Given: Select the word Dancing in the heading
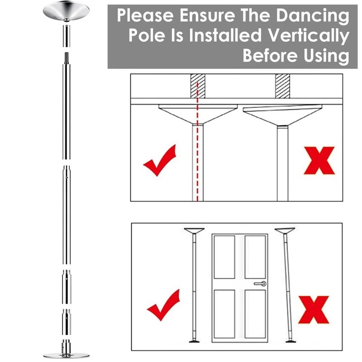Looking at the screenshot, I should [x=315, y=16].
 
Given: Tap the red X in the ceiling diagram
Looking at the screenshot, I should [x=319, y=160].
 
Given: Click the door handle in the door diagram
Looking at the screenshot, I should [x=260, y=284].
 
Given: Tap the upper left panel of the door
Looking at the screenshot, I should [x=224, y=257].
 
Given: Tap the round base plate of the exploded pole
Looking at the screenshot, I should [x=66, y=353].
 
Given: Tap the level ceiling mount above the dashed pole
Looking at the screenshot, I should [x=198, y=114].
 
